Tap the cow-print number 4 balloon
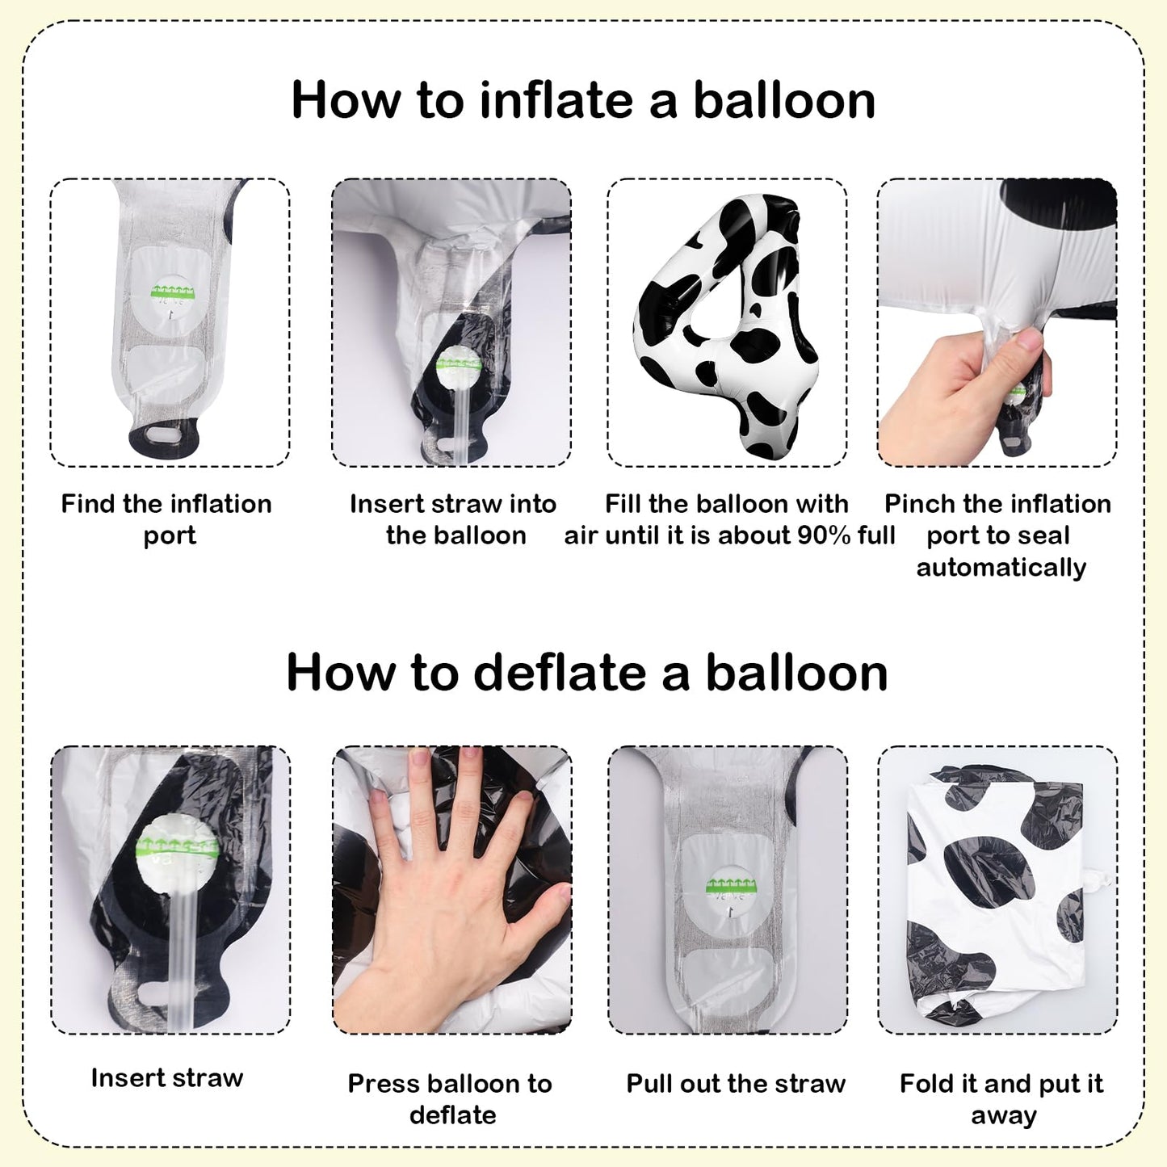click(x=727, y=324)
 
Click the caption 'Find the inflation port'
click(x=167, y=519)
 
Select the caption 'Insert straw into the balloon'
click(x=453, y=519)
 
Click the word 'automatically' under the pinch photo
click(x=1001, y=568)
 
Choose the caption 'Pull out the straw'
click(x=736, y=1084)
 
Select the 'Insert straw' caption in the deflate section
click(x=167, y=1078)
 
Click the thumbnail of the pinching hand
click(x=997, y=322)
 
